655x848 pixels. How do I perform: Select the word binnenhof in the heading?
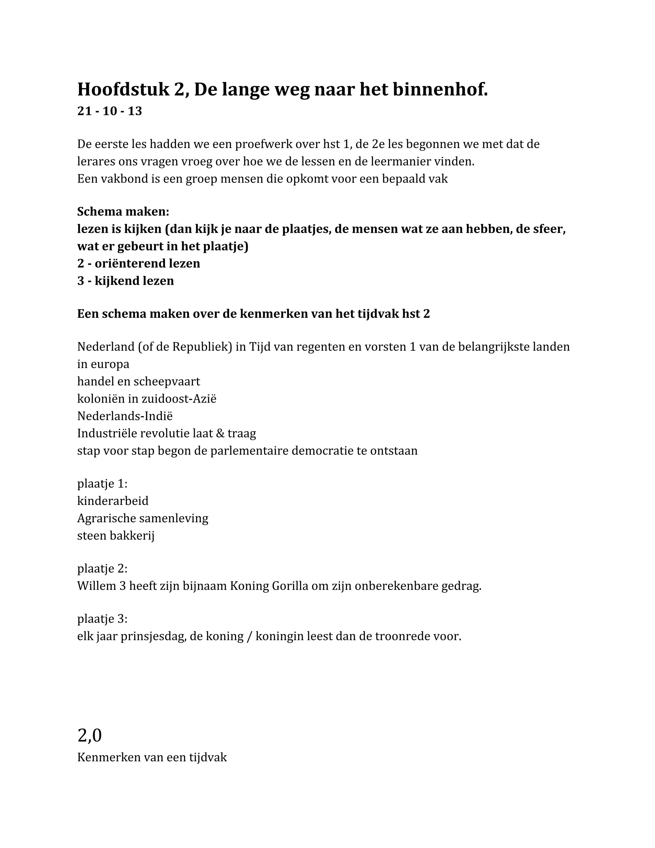pos(440,90)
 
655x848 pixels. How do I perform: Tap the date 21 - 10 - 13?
pos(109,111)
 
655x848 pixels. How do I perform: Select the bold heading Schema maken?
pos(123,212)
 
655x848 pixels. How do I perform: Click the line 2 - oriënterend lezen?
pos(138,264)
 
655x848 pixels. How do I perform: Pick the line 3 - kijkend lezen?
pos(125,281)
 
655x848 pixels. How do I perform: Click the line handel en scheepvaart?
pos(138,382)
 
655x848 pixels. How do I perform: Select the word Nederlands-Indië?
pos(124,416)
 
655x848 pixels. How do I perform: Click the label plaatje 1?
pos(102,484)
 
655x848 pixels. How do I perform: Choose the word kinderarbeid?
pos(113,501)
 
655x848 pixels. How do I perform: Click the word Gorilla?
pos(289,586)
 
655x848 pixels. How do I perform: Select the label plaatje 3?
pos(102,619)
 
